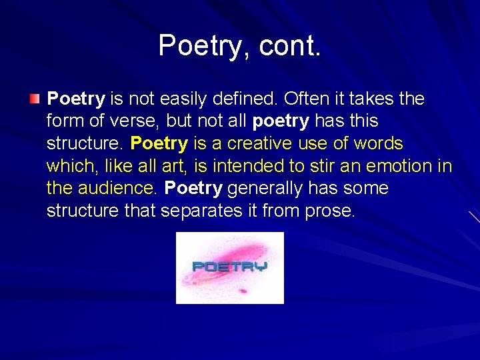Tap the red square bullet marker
[35, 100]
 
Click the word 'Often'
[303, 99]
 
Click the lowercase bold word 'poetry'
[281, 121]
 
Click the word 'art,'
[173, 166]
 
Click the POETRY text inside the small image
[229, 267]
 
